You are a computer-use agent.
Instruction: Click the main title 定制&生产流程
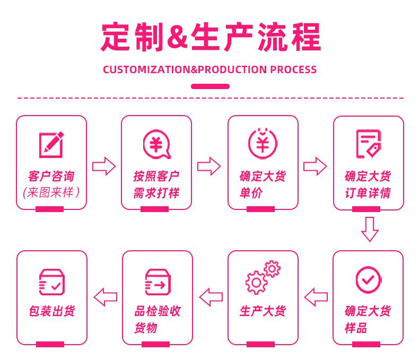[x=211, y=37]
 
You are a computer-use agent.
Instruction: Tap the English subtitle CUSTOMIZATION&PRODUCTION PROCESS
[x=210, y=69]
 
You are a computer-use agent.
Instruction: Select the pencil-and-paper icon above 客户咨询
[x=51, y=145]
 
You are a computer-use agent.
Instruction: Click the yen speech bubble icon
[x=156, y=144]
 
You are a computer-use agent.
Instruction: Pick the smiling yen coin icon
[x=263, y=143]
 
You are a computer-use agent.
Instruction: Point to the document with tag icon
[x=369, y=144]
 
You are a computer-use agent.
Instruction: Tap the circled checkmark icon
[x=369, y=280]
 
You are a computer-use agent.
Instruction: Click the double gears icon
[x=263, y=277]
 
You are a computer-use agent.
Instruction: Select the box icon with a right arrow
[x=158, y=282]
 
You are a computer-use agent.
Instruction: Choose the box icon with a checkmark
[x=52, y=282]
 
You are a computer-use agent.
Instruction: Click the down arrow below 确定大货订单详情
[x=370, y=230]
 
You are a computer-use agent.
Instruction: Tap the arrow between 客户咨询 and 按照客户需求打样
[x=104, y=166]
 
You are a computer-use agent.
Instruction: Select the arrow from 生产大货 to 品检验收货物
[x=211, y=297]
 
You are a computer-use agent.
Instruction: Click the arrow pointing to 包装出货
[x=106, y=297]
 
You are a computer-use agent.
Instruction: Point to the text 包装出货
[x=52, y=311]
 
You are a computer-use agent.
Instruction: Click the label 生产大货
[x=263, y=311]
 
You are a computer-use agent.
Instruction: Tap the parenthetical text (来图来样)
[x=51, y=192]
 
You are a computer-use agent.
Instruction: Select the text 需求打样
[x=156, y=193]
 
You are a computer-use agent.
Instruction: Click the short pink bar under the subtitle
[x=211, y=86]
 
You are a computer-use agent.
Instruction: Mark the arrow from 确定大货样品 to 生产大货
[x=316, y=297]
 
